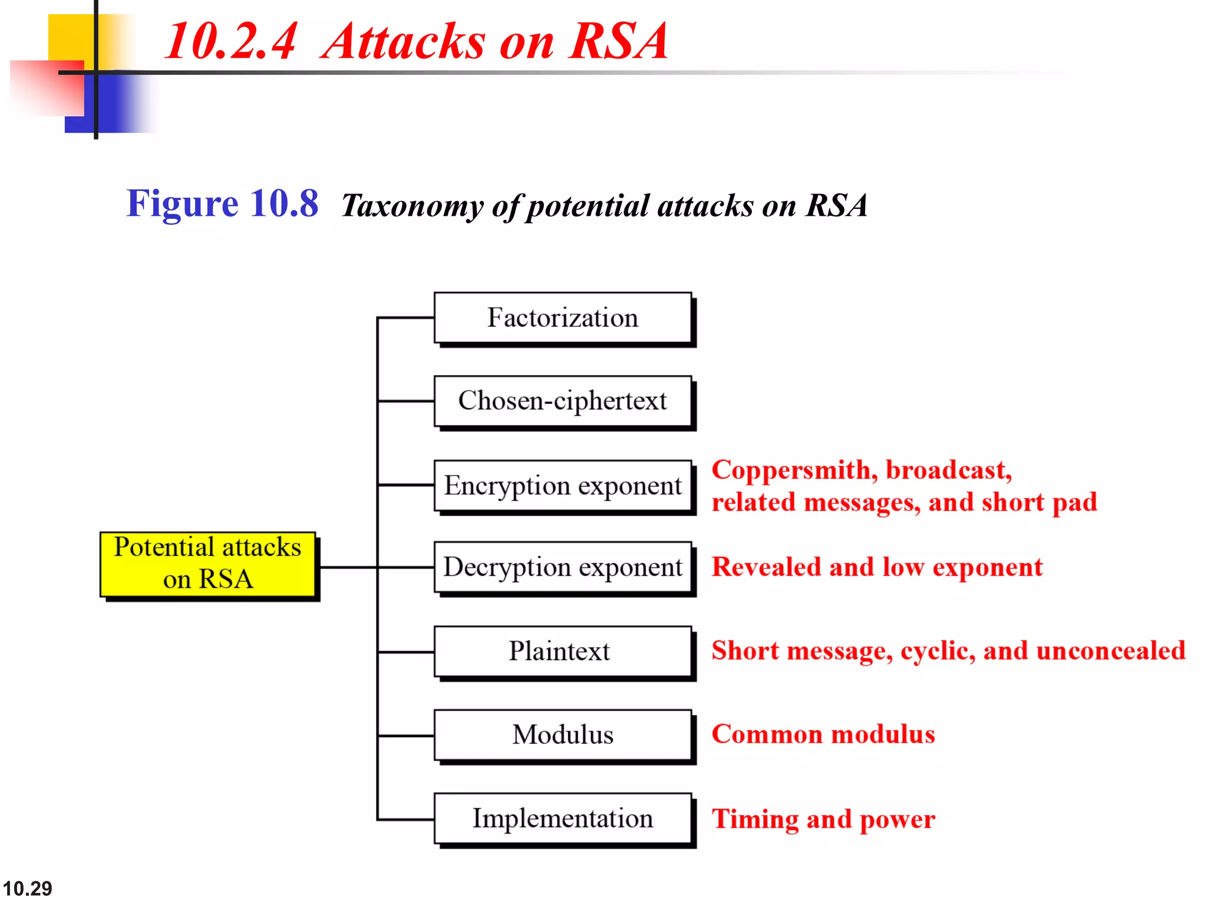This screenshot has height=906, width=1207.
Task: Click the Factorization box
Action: pyautogui.click(x=562, y=318)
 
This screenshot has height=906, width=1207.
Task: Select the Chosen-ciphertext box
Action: pyautogui.click(x=562, y=401)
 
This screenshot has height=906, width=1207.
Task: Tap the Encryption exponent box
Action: pyautogui.click(x=562, y=485)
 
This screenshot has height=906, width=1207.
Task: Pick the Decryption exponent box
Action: pyautogui.click(x=562, y=567)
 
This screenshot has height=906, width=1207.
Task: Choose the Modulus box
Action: pyautogui.click(x=562, y=735)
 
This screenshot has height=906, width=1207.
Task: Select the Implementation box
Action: pyautogui.click(x=562, y=819)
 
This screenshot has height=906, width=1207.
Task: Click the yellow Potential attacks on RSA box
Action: pyautogui.click(x=207, y=564)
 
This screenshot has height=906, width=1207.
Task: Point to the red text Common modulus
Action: pyautogui.click(x=823, y=734)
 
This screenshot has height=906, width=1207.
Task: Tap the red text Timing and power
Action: pyautogui.click(x=823, y=819)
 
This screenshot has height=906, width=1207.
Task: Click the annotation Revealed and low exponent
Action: pyautogui.click(x=877, y=567)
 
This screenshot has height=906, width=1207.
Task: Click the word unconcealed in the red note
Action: pyautogui.click(x=1110, y=651)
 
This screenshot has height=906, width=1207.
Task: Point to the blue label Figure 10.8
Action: pyautogui.click(x=222, y=204)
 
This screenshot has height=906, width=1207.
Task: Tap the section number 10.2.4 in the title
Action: pyautogui.click(x=230, y=41)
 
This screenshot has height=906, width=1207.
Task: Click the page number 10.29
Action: pyautogui.click(x=27, y=888)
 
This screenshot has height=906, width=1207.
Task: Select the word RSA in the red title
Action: pyautogui.click(x=618, y=41)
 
